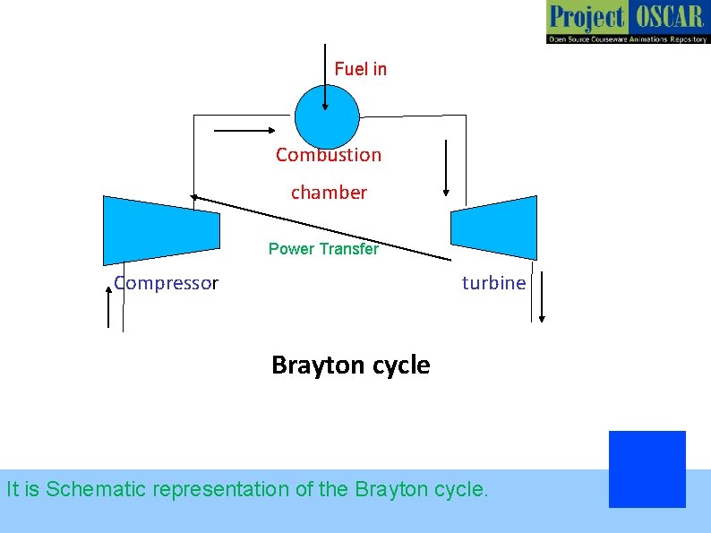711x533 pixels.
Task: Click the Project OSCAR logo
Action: point(627,22)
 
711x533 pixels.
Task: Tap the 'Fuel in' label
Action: point(361,69)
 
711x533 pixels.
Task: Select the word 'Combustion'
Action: point(329,155)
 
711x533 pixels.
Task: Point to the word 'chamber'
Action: point(329,193)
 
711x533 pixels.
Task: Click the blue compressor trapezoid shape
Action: point(161,229)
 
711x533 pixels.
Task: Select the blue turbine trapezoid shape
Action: point(494,228)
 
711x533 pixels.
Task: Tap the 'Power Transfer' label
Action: point(323,249)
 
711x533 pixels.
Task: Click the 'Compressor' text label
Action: point(167,284)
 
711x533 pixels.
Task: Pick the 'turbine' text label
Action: point(494,283)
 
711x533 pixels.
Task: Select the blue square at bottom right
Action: point(647,469)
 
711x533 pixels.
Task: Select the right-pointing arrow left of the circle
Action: point(244,131)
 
